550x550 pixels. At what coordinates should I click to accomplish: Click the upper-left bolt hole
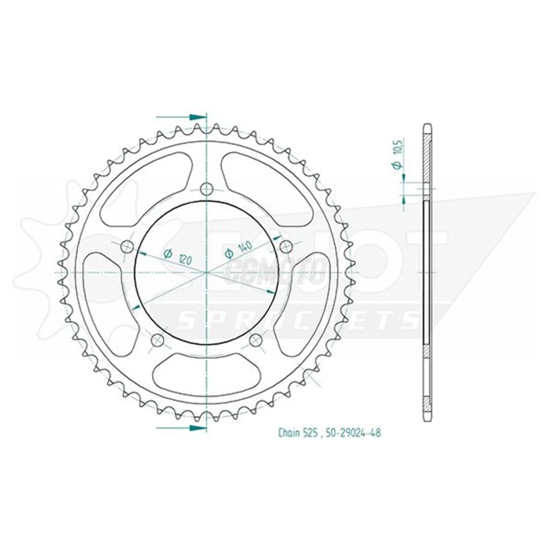[x=126, y=247]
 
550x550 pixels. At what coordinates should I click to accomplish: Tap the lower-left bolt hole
[x=157, y=339]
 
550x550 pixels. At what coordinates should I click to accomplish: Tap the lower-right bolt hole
[x=256, y=339]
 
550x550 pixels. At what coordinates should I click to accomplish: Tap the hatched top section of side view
[x=427, y=157]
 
